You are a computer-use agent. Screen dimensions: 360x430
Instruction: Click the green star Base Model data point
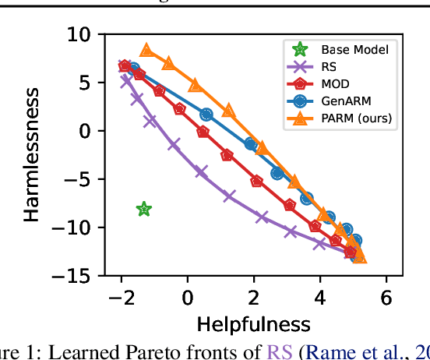pos(144,209)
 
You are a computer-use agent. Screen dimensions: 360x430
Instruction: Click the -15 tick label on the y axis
pos(76,276)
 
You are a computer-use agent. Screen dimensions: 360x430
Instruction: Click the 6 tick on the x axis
pos(386,298)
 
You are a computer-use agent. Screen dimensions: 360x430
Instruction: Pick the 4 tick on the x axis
pos(319,298)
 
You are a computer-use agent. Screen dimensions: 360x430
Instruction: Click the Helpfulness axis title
pos(254,323)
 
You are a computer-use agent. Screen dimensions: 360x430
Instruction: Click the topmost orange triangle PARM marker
pos(146,51)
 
